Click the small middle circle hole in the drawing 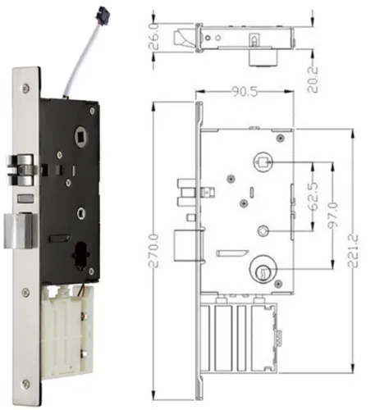(262, 230)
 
